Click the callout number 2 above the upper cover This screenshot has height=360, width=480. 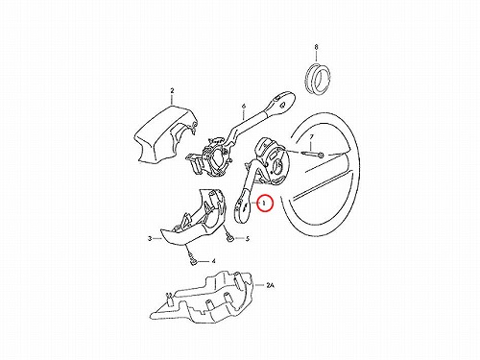172,91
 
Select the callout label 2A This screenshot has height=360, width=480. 271,285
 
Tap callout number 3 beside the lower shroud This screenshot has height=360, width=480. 150,238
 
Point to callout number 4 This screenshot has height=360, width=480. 213,261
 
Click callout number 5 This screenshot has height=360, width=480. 248,238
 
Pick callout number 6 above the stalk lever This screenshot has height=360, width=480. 244,106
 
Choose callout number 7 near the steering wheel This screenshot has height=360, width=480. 311,137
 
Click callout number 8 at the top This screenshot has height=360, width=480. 316,47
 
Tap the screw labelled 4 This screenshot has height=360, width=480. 191,258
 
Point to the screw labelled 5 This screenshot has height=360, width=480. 230,238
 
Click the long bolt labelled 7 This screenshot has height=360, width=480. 313,155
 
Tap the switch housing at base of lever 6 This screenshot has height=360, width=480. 209,156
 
